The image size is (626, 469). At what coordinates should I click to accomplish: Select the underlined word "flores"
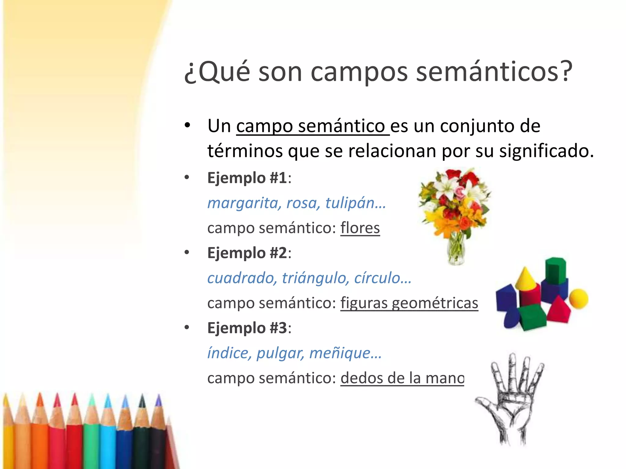point(360,228)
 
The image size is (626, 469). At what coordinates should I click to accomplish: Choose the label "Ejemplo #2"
point(247,253)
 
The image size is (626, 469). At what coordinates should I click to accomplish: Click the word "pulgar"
point(280,353)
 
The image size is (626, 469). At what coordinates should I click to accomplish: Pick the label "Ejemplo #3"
point(247,328)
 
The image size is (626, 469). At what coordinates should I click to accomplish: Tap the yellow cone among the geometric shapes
point(525,278)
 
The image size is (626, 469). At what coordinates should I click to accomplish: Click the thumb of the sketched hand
point(486,403)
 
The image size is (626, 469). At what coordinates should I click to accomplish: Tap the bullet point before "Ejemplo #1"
point(187,178)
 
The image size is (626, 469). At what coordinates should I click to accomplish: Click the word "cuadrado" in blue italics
point(241,278)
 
